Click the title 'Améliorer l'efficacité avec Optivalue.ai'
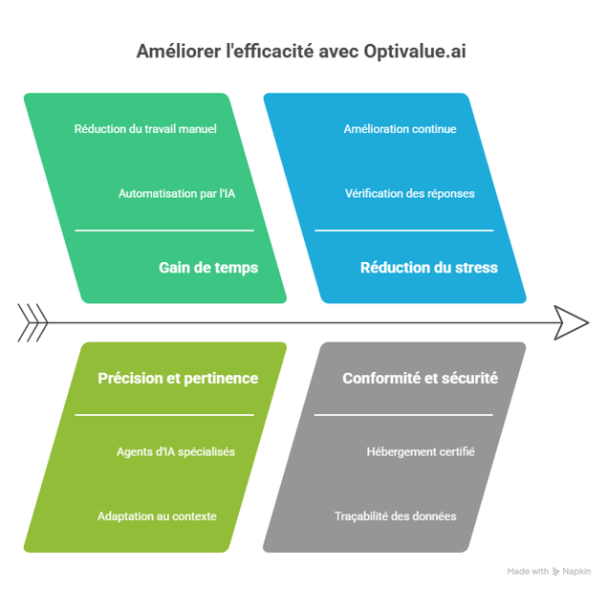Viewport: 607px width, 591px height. tap(301, 51)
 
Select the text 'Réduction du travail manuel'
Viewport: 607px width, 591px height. tap(145, 129)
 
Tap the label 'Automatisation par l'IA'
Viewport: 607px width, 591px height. tap(176, 193)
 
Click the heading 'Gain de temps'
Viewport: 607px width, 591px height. tap(208, 268)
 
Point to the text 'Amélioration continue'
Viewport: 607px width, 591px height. tap(400, 129)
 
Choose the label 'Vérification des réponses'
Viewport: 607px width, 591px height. tap(409, 193)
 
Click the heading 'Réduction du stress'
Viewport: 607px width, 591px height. tap(428, 268)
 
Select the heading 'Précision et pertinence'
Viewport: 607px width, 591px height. tap(178, 378)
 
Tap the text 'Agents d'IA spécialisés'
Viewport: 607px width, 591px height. tap(176, 451)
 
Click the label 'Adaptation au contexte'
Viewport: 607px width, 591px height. tap(157, 516)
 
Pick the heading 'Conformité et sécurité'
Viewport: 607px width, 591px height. tap(420, 378)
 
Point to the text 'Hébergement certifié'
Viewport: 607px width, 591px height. tap(421, 451)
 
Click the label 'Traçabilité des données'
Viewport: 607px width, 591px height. tap(395, 516)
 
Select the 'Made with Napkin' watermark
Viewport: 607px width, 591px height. tap(549, 571)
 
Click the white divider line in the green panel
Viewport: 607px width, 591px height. tap(164, 230)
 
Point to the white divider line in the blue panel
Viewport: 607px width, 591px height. tap(403, 230)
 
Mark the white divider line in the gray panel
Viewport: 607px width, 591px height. tap(403, 415)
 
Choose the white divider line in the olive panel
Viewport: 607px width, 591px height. tap(164, 415)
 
